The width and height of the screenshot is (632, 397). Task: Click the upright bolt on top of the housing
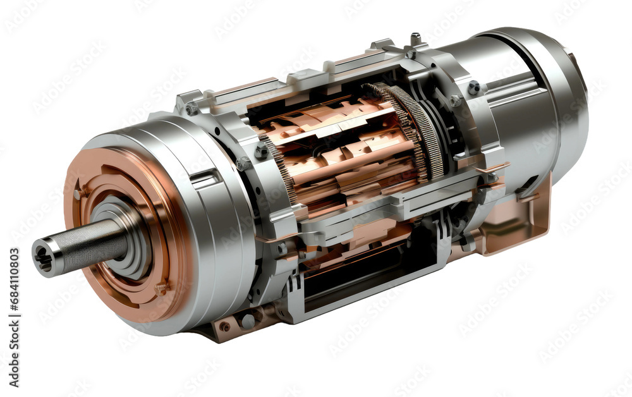[x=415, y=39]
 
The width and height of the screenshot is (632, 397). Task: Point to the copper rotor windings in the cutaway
[x=341, y=152]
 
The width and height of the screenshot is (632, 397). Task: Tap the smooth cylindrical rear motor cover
[x=525, y=107]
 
